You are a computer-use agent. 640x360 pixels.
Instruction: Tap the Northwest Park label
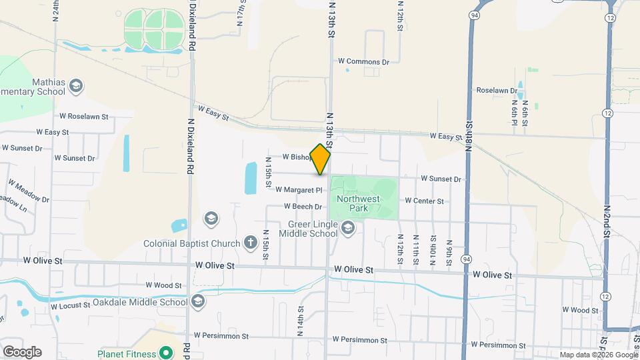(358, 203)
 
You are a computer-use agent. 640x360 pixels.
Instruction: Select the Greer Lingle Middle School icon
(347, 229)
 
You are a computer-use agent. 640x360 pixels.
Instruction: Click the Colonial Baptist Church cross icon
(251, 242)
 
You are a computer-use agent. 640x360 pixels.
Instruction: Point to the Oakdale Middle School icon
(197, 302)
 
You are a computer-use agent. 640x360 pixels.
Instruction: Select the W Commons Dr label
(363, 61)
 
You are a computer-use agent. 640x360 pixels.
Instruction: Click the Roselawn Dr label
(497, 90)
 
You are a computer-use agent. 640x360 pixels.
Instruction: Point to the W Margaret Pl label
(299, 190)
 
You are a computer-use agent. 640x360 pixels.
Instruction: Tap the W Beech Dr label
(303, 207)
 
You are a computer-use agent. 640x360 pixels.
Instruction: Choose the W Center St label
(424, 201)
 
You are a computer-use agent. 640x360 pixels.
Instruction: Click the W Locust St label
(70, 305)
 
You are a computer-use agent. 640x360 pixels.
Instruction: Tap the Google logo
(22, 352)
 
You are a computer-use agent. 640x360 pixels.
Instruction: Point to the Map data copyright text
(599, 355)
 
